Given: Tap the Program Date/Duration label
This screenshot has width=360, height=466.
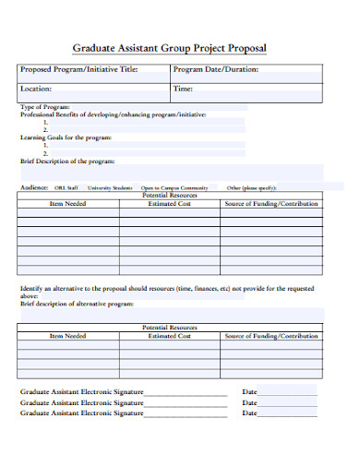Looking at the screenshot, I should (215, 70).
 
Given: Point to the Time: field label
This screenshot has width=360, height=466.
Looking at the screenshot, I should (183, 90).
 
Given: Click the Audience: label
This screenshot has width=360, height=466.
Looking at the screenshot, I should (34, 186).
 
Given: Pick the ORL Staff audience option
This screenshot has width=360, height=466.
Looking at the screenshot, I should (66, 186).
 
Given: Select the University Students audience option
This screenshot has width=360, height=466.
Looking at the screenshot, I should (110, 186).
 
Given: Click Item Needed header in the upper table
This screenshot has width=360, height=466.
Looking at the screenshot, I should (67, 203).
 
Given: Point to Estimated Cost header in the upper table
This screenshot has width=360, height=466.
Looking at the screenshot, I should (169, 203).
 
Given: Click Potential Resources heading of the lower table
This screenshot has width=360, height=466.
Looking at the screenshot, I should (169, 328).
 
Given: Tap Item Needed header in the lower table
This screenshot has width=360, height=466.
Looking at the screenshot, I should (67, 337).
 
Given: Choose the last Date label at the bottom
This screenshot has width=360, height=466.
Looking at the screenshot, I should (249, 412).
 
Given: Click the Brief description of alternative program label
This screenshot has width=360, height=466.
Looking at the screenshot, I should (77, 303).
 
